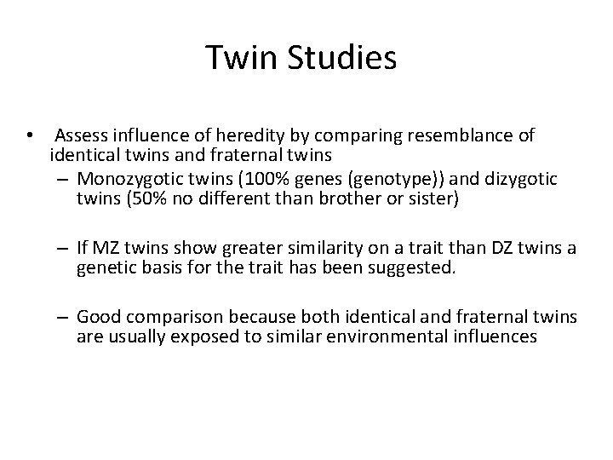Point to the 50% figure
[x=147, y=199]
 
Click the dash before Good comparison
[x=64, y=317]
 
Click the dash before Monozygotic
[x=64, y=179]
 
